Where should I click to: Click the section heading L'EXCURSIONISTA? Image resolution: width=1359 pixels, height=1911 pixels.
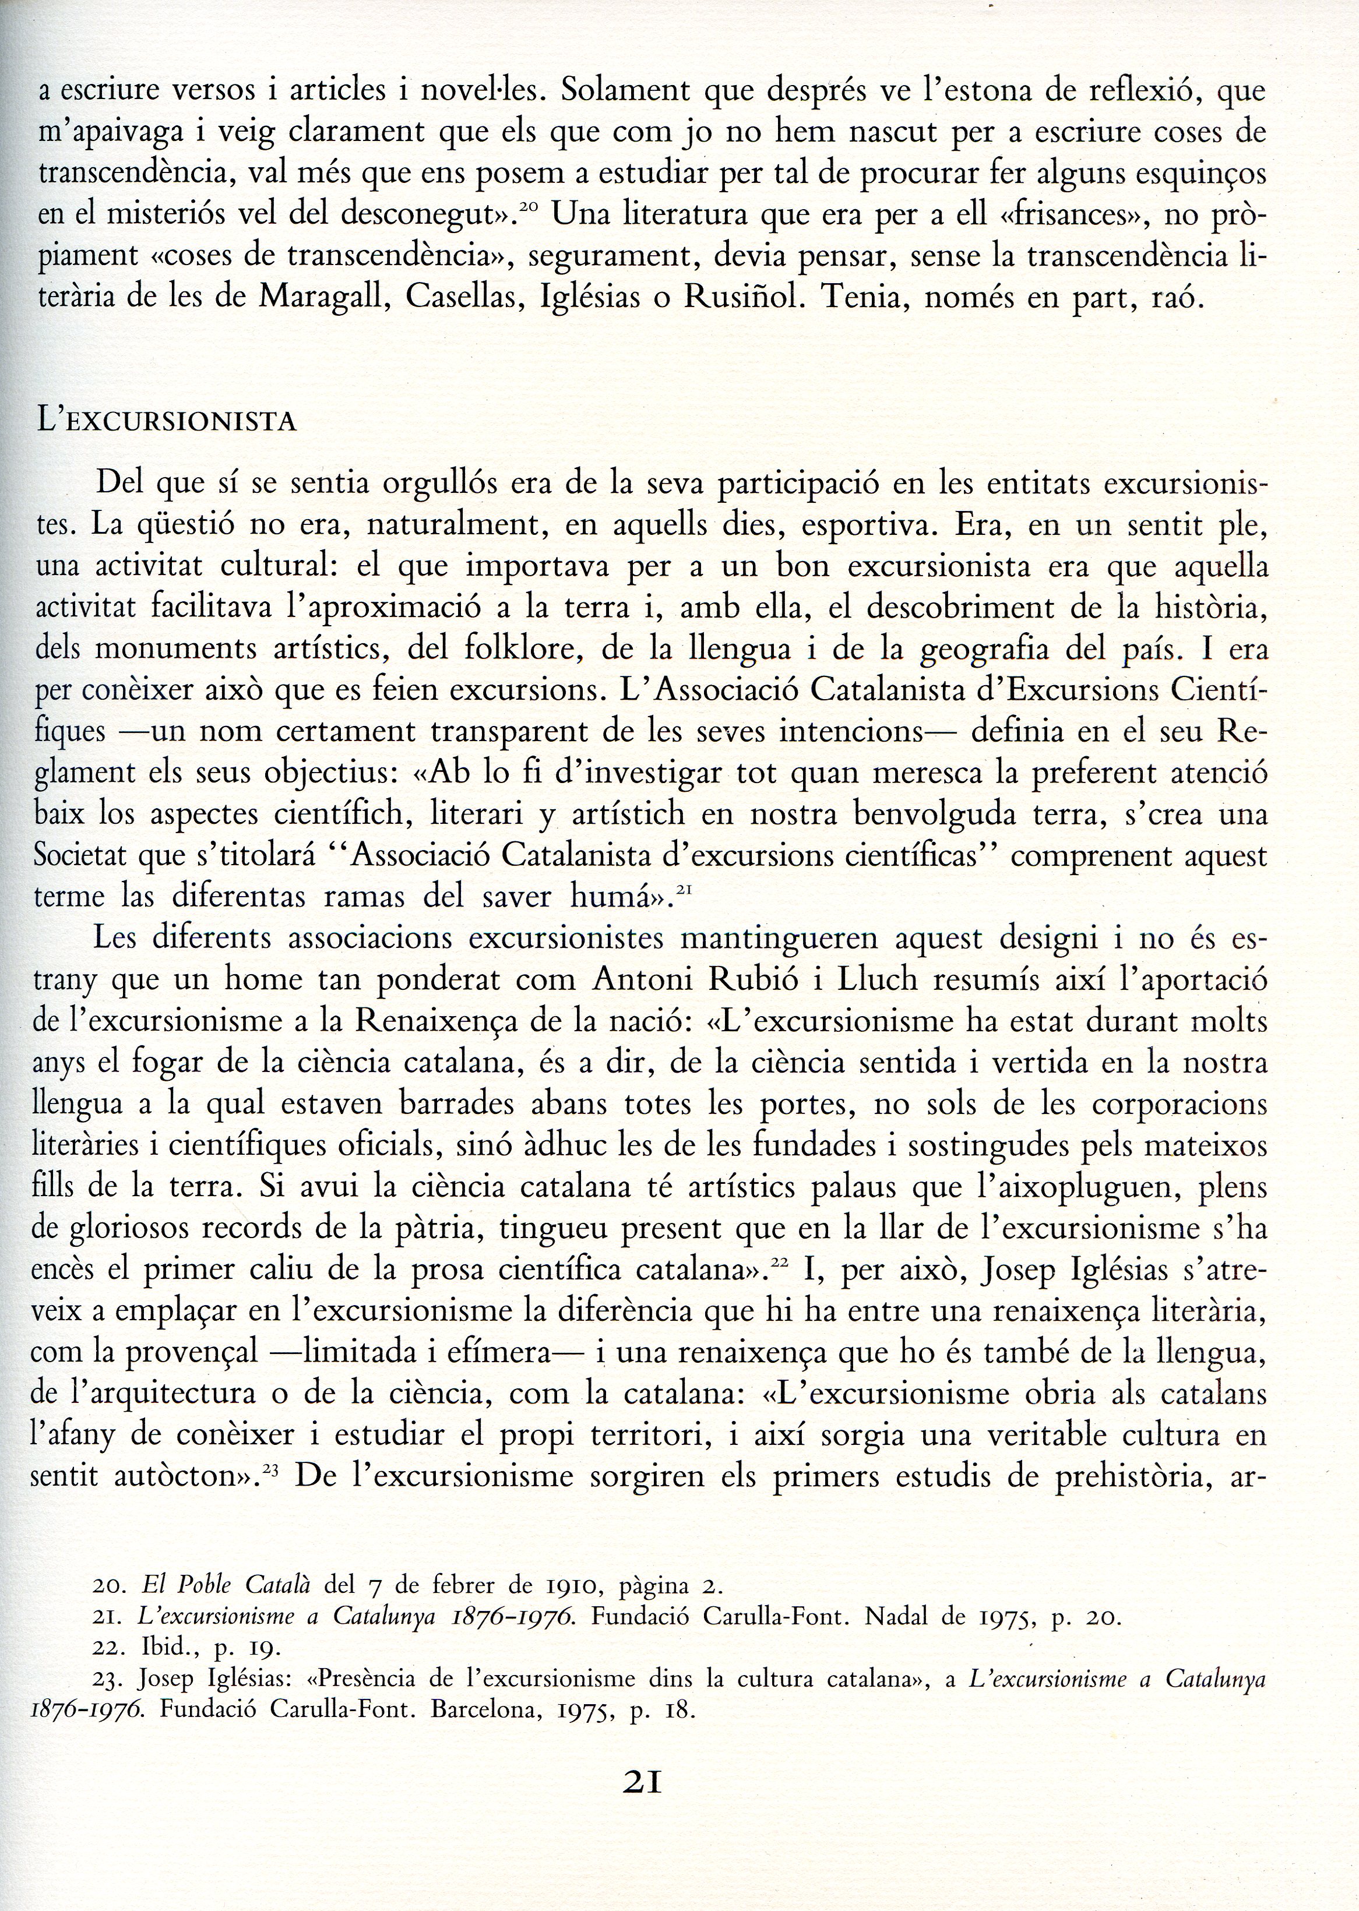tap(167, 421)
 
